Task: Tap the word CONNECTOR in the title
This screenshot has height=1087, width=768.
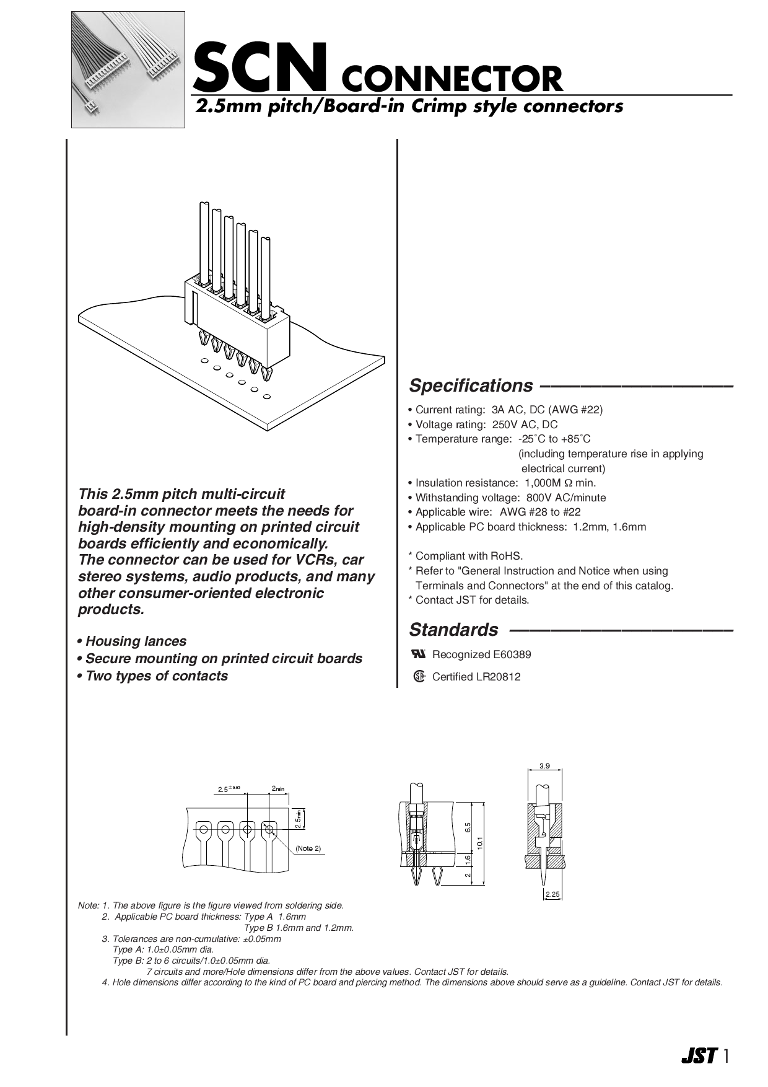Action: (452, 79)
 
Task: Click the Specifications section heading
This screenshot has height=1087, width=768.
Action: (471, 385)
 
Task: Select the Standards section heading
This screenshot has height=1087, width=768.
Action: (453, 630)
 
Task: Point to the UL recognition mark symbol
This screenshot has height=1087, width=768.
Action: (419, 654)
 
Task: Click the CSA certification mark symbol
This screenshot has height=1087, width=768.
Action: (419, 676)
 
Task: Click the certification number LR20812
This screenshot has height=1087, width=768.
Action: (498, 677)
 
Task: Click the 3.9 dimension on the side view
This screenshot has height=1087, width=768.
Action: (544, 766)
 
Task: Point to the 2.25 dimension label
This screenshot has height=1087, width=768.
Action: (552, 894)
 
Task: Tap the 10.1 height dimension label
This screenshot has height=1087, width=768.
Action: (480, 843)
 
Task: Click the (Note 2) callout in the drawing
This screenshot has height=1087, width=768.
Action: (308, 848)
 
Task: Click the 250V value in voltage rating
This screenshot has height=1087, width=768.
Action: (507, 425)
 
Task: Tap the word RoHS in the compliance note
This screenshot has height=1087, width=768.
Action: (508, 556)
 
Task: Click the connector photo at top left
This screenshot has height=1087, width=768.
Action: (128, 69)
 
